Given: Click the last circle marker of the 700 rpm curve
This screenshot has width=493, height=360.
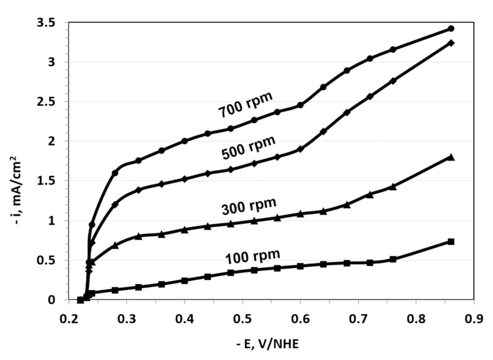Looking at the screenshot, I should coord(451,29).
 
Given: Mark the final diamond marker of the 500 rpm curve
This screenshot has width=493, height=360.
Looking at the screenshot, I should coord(451,43).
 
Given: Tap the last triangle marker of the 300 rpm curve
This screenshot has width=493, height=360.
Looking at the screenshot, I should coord(451,157).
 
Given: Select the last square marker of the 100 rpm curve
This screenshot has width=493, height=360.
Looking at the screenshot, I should coord(451,242).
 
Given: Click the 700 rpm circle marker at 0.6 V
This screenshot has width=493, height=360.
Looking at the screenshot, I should coord(300,105).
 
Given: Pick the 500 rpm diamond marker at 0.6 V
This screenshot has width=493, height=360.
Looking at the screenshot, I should coord(300,149).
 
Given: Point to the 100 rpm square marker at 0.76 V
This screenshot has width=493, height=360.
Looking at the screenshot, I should coord(393,259).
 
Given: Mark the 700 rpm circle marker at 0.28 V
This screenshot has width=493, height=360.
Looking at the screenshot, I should coord(115,173).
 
